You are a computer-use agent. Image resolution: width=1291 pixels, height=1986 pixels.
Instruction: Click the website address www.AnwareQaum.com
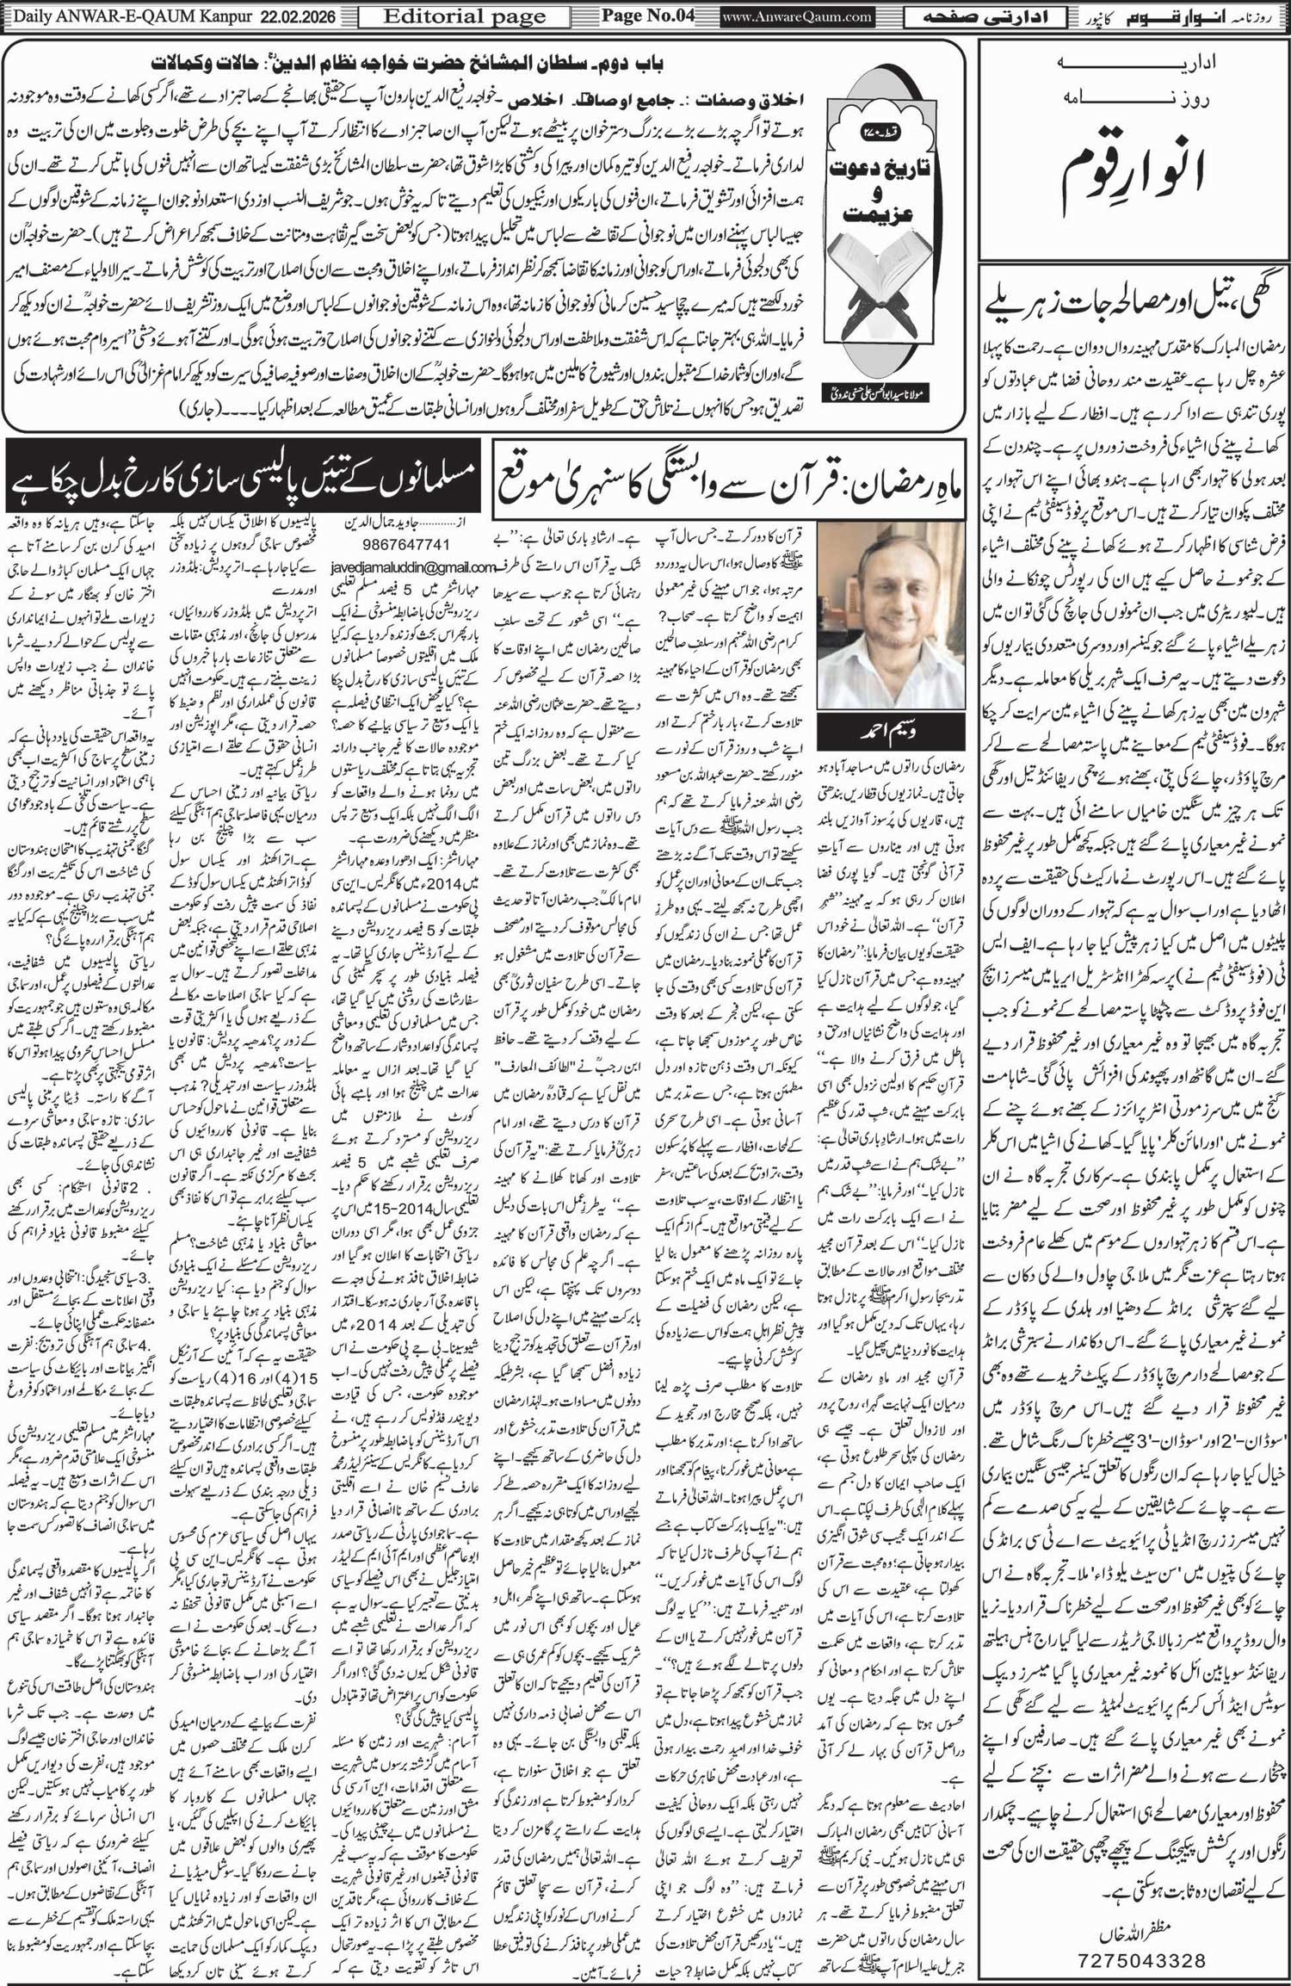tap(797, 16)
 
